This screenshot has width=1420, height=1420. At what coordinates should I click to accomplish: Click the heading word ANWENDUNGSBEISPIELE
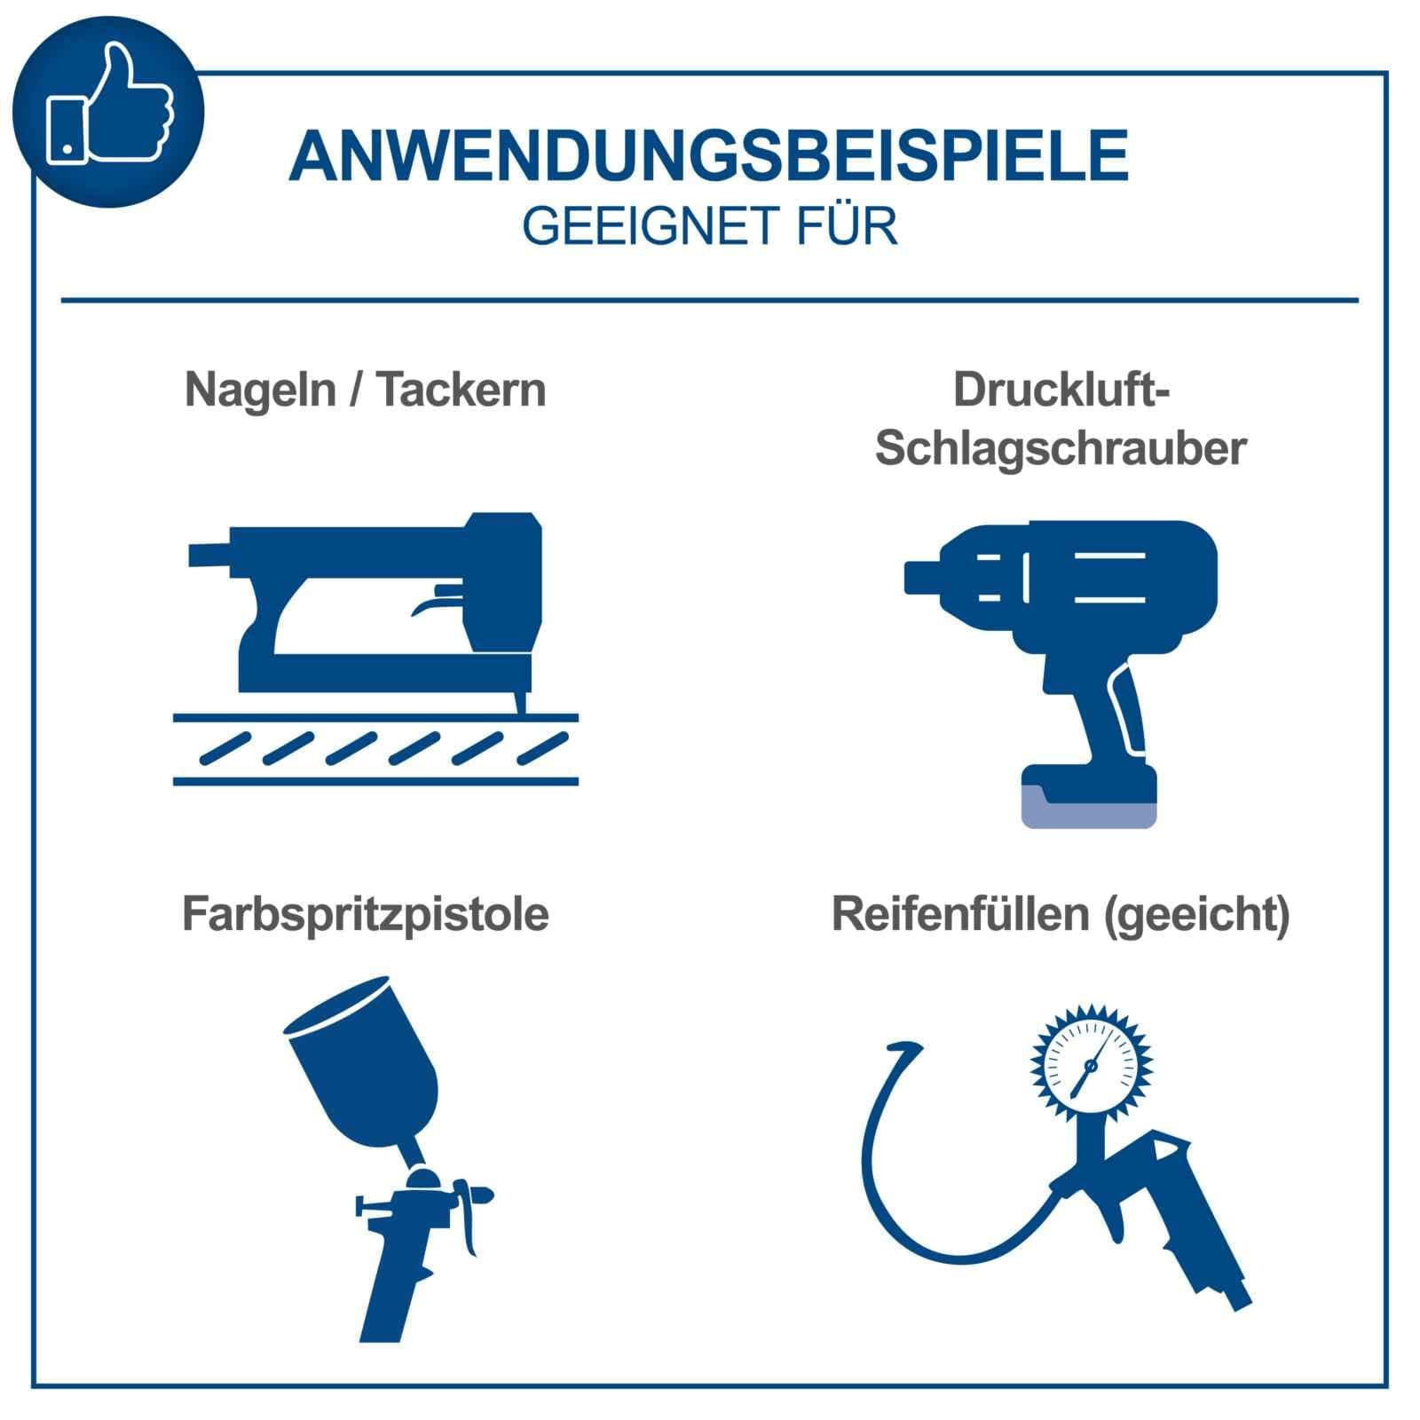[708, 156]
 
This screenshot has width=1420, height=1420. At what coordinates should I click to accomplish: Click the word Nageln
[260, 391]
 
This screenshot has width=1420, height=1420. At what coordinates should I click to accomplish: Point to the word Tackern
[461, 390]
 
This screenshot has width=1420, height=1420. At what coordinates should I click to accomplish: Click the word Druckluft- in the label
[1061, 390]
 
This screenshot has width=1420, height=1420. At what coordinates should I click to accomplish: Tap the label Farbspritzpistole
[365, 914]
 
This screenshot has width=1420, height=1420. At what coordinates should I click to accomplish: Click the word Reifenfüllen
[960, 914]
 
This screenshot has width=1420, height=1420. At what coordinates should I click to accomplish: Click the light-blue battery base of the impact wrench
[1089, 809]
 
